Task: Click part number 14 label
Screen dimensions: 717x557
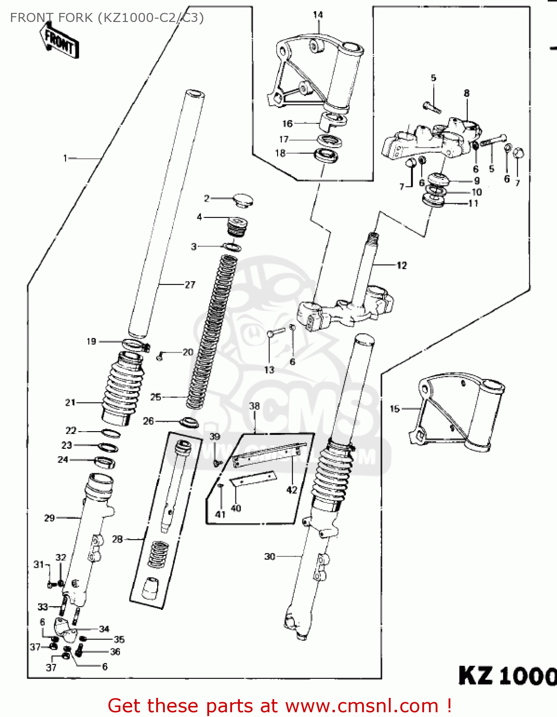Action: (x=318, y=15)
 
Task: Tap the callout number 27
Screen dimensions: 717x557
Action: (x=190, y=285)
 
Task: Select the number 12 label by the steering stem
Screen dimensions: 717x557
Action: (x=402, y=265)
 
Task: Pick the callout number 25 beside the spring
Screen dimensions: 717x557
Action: (x=156, y=397)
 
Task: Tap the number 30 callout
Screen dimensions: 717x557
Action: (x=270, y=556)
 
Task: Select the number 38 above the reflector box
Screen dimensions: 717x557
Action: (x=254, y=406)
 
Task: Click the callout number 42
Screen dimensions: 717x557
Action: (x=291, y=490)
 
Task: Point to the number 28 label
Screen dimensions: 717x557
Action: (x=118, y=539)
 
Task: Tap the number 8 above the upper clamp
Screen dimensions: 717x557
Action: (x=467, y=93)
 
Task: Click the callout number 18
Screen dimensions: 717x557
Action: (x=280, y=153)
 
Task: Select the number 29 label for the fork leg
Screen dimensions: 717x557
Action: (x=50, y=518)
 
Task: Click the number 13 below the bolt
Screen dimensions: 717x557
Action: (x=269, y=369)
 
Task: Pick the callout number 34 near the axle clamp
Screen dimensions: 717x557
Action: (x=104, y=629)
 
